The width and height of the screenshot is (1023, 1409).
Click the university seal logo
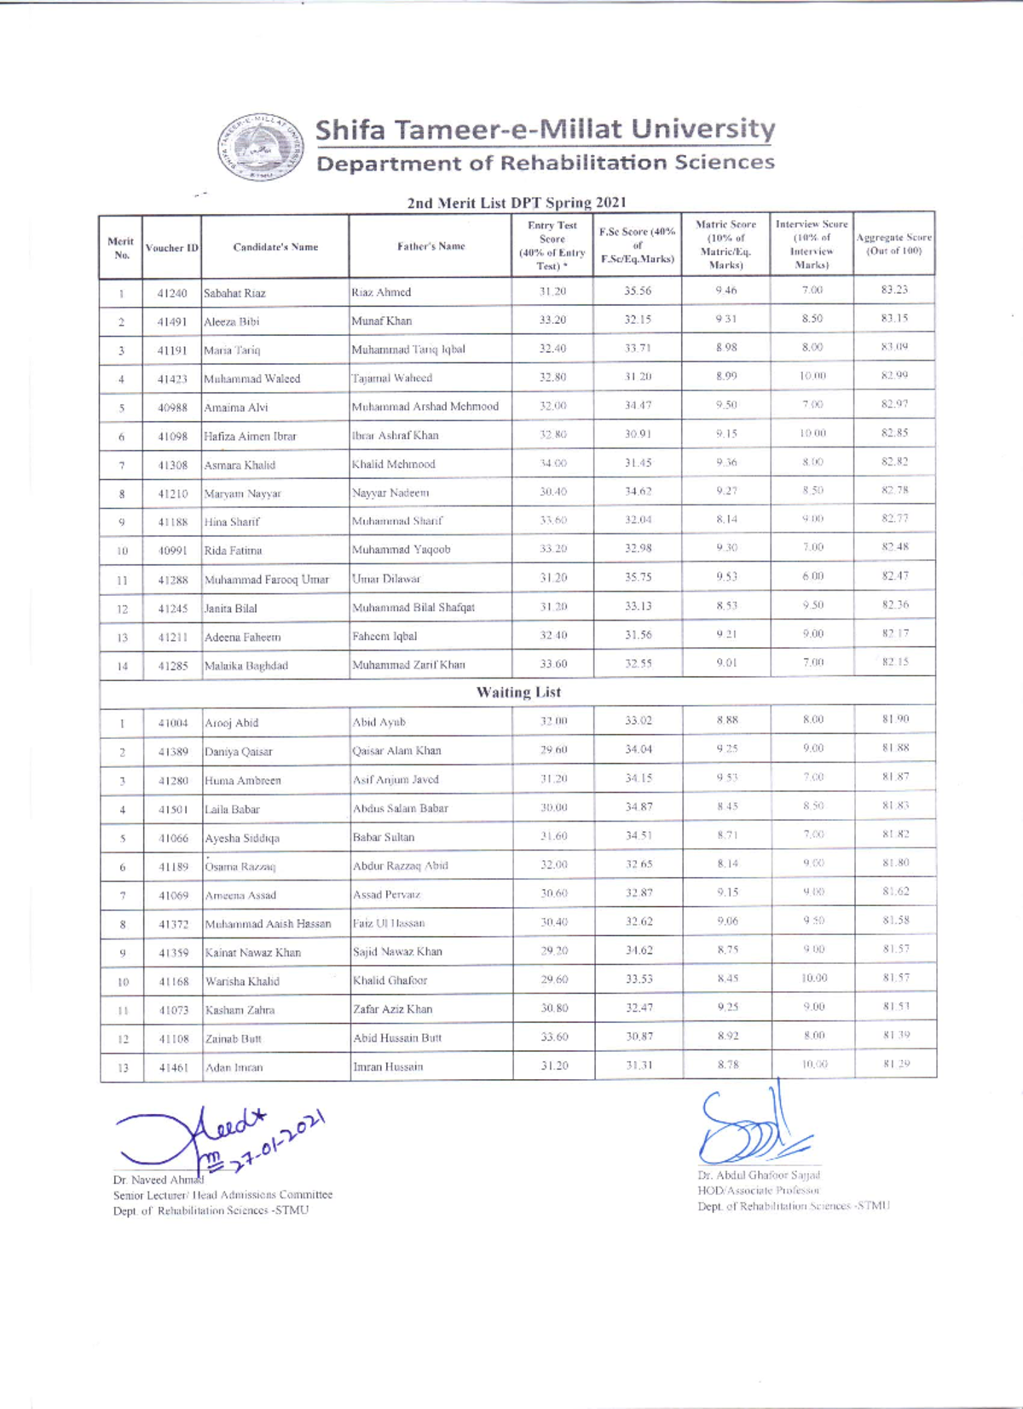260,147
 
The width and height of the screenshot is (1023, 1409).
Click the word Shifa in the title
350,130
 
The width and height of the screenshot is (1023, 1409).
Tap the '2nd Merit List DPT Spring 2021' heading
517,202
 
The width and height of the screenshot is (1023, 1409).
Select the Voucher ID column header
171,247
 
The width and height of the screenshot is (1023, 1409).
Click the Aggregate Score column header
893,244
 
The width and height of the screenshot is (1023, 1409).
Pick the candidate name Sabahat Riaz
234,293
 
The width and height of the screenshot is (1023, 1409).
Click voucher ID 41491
171,321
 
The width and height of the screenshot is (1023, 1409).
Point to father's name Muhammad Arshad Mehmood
425,407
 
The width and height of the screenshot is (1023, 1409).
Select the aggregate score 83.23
893,290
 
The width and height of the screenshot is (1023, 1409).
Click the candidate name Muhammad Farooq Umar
266,580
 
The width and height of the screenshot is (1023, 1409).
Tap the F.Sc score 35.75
638,577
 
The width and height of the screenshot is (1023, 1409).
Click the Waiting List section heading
517,692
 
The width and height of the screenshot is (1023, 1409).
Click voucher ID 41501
173,809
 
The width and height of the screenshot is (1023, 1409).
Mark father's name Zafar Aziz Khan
392,1009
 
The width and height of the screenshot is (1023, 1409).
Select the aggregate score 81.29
895,1064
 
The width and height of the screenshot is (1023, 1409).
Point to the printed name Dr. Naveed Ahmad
158,1180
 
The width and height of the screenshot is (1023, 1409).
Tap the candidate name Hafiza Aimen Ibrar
250,436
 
